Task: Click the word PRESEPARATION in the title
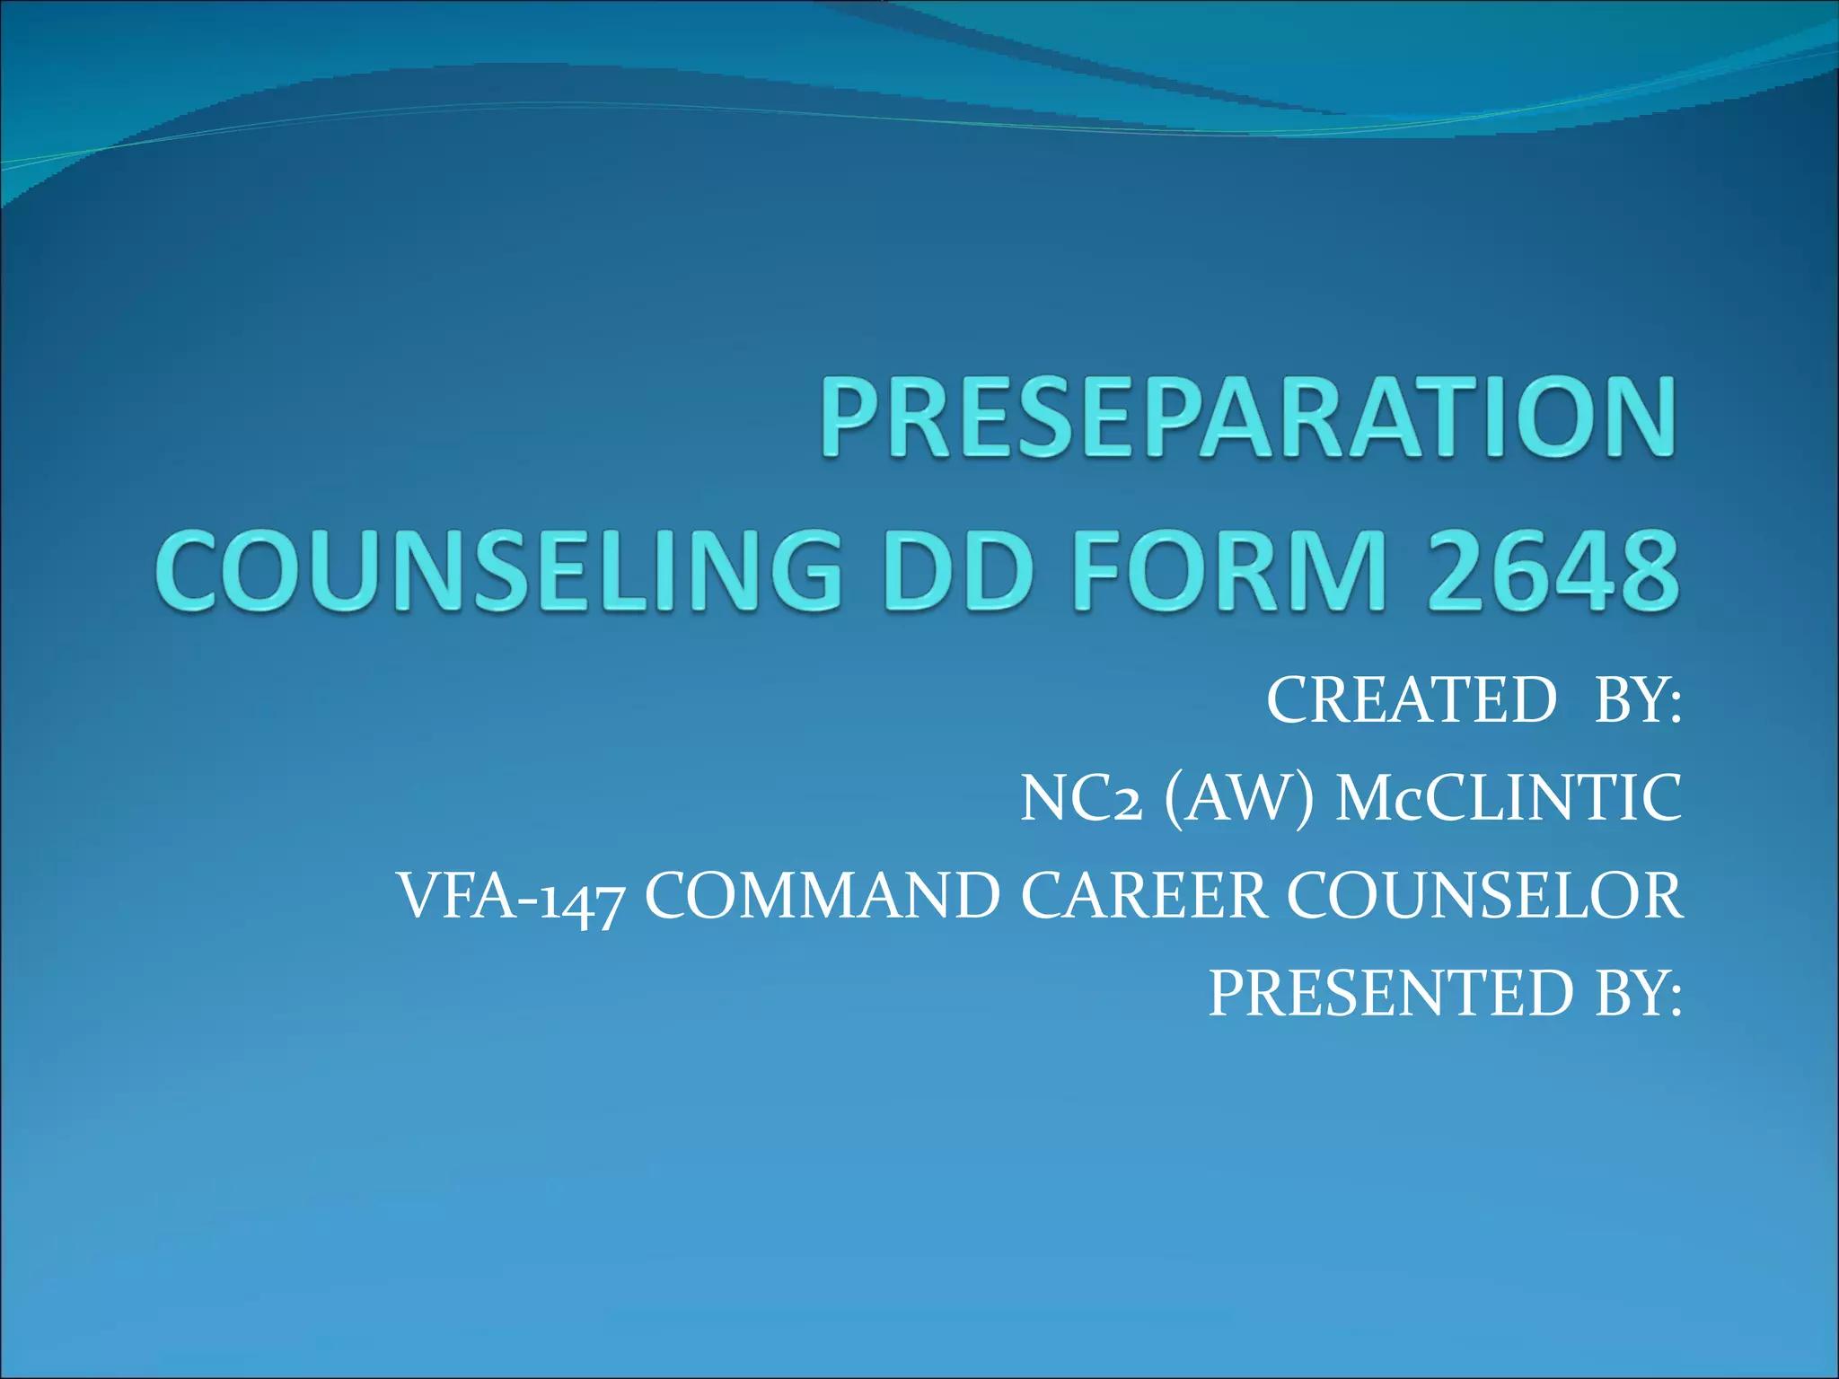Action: pos(1248,418)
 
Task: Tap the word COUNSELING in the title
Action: pos(498,571)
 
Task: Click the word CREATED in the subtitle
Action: pos(1411,700)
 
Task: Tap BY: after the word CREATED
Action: pos(1637,700)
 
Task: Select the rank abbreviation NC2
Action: pos(1081,798)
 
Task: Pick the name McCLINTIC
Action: pos(1509,798)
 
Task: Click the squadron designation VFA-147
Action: pos(509,896)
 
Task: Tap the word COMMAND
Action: pos(823,896)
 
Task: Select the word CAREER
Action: pos(1143,896)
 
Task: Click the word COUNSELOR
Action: pos(1485,896)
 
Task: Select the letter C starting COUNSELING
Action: pos(189,571)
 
